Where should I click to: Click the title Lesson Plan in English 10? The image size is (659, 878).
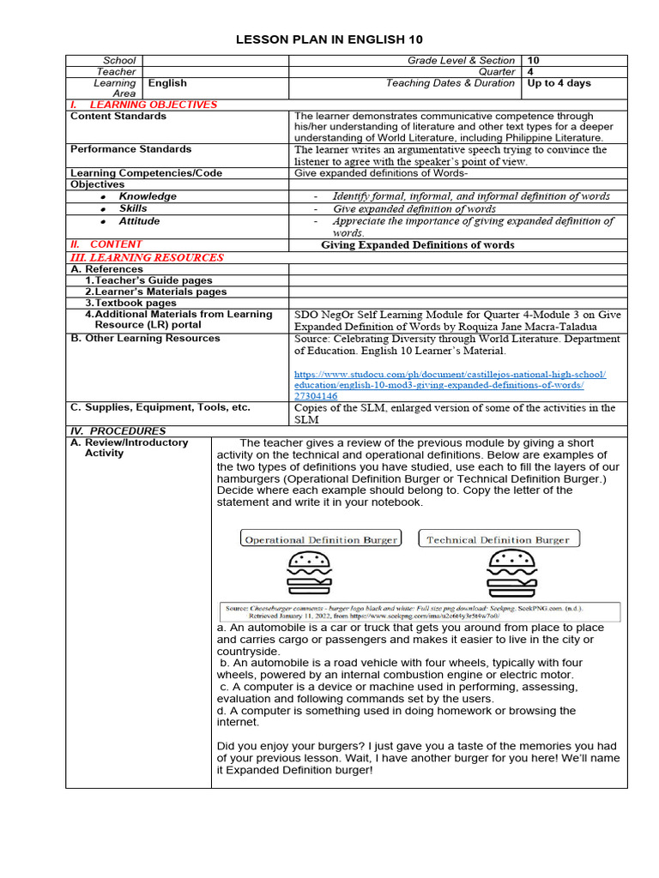coord(329,39)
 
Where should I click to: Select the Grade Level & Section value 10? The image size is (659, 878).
coord(534,61)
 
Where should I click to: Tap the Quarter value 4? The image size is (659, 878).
coord(531,72)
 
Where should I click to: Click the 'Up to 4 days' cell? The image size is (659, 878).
coord(559,83)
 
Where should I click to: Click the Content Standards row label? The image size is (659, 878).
coord(118,116)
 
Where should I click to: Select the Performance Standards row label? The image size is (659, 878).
coord(124,149)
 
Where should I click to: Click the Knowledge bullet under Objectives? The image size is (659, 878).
coord(147,196)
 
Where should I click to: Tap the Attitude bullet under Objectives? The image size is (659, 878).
coord(139,221)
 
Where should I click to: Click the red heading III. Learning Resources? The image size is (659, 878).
coord(147,257)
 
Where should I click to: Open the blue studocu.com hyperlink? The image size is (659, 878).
coord(450,385)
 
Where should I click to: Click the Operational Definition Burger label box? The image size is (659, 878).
coord(321,539)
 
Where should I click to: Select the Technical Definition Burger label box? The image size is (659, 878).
coord(499,539)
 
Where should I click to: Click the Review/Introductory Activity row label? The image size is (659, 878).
coord(129,448)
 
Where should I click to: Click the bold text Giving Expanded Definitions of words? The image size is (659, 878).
coord(418,244)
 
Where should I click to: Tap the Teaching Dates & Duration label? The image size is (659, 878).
coord(450,83)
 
